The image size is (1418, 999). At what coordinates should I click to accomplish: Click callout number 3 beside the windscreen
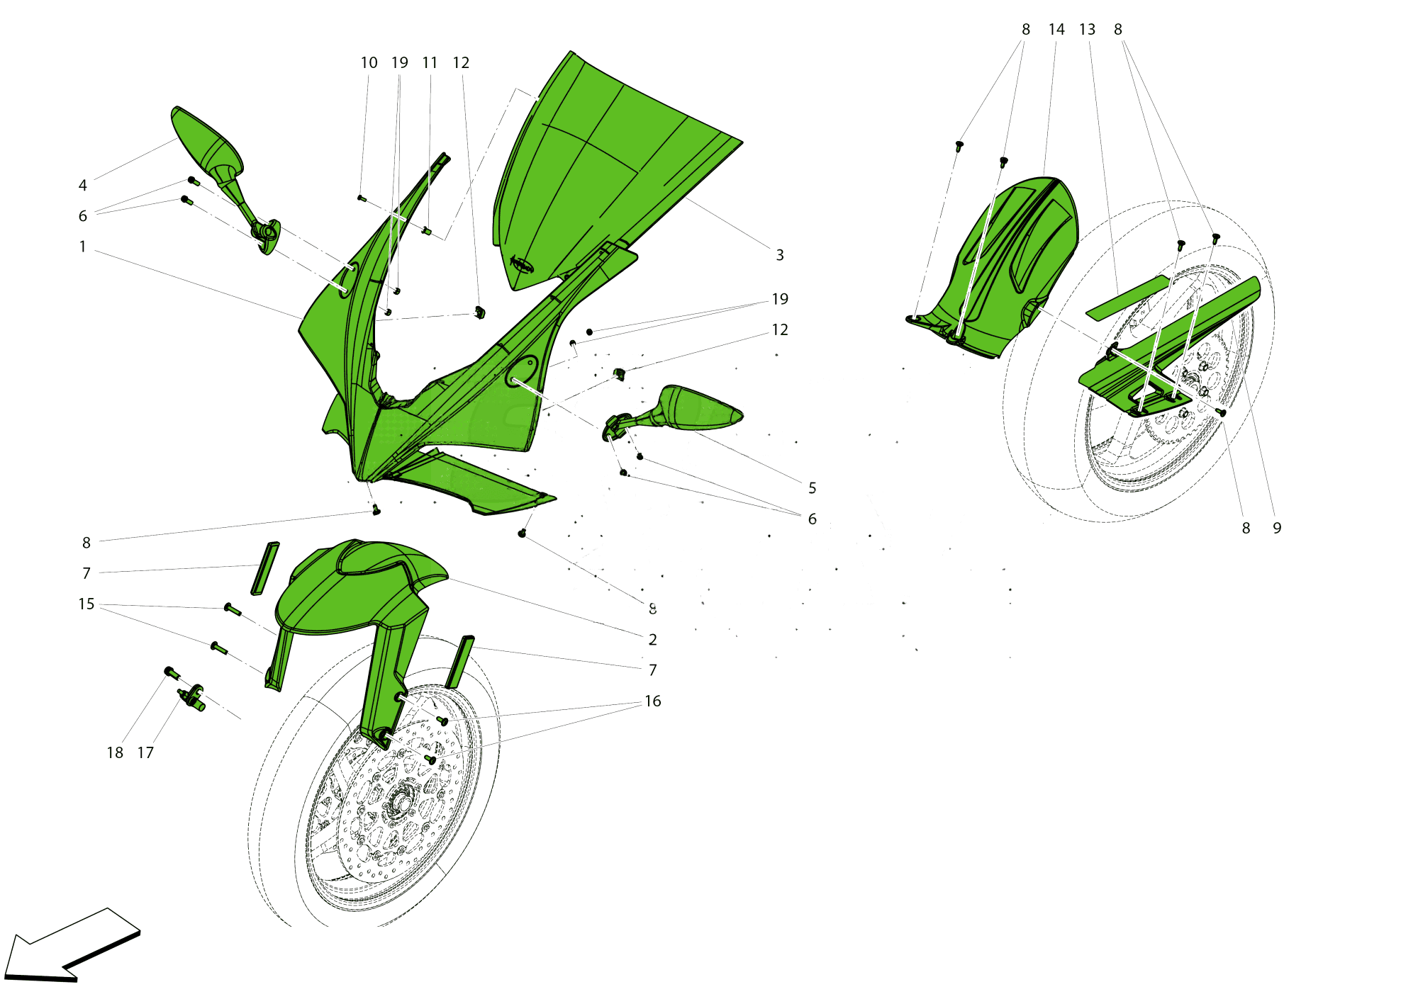coord(780,255)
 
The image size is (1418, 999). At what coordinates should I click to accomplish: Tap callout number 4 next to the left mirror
coord(83,186)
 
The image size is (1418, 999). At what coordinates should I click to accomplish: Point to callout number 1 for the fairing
coord(83,247)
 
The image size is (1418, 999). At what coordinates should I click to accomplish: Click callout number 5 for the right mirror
coord(813,488)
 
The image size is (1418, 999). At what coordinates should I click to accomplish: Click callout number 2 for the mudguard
coord(653,640)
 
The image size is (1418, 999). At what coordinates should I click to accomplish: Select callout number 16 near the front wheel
coord(653,701)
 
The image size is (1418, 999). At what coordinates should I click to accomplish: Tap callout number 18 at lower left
coord(115,753)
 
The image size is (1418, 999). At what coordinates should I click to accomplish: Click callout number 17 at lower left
coord(145,753)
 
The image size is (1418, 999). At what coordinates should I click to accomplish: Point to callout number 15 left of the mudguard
coord(86,604)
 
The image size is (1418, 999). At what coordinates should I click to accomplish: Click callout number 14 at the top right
coord(1056,30)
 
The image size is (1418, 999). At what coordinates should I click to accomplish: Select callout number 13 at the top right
coord(1088,30)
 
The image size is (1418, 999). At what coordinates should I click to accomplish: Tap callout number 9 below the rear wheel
coord(1277,529)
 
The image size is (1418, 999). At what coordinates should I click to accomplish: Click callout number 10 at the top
coord(369,63)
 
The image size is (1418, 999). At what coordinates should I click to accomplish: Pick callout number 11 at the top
coord(430,63)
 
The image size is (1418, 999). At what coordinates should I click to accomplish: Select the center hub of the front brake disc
coord(398,804)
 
